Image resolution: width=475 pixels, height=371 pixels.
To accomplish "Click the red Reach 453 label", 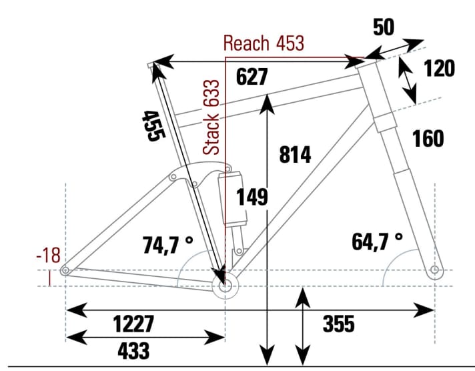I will tap(264, 44).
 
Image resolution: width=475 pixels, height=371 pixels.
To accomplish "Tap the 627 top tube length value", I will tap(252, 77).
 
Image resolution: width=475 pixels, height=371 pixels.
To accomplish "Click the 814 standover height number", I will tap(294, 155).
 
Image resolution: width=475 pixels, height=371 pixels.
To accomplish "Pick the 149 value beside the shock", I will tap(253, 197).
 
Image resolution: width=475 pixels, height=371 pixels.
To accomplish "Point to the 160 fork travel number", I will tap(428, 139).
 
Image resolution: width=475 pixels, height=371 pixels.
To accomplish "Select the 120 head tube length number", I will tap(439, 68).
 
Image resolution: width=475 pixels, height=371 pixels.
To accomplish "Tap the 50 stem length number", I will tap(383, 27).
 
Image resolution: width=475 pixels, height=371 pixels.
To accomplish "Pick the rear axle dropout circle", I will tap(65, 270).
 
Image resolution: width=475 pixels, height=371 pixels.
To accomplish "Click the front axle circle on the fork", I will tap(434, 270).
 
